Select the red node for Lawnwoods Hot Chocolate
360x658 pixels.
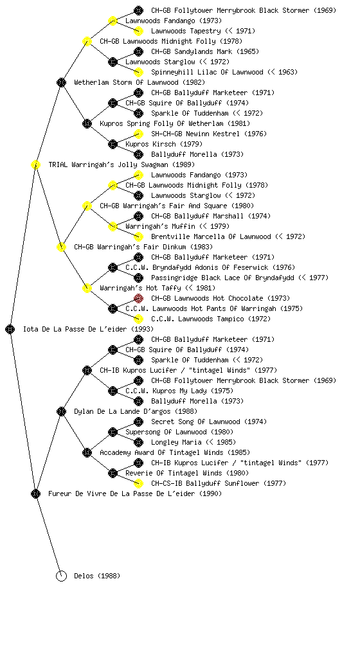tap(138, 298)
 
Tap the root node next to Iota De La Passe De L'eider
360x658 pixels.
tap(10, 330)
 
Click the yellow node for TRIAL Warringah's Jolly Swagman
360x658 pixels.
tap(35, 165)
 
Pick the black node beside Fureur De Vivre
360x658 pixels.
tap(35, 494)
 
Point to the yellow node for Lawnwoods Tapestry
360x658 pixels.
tap(138, 31)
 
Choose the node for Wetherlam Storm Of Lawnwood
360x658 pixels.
tap(61, 83)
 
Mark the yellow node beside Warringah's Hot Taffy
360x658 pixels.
tap(87, 289)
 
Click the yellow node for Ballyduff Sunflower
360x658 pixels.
tap(138, 483)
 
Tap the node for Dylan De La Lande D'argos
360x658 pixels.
tap(61, 412)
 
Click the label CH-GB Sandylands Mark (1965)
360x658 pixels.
tap(205, 51)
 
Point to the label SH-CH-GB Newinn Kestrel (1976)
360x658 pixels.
tap(208, 134)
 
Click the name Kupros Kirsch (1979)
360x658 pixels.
tap(164, 145)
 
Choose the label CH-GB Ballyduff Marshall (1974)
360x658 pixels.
tap(211, 216)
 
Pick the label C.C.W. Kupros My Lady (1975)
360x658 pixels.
tap(179, 391)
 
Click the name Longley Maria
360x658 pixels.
tap(176, 442)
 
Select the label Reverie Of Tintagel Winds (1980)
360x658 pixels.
tap(187, 474)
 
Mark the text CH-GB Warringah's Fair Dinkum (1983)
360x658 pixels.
tap(143, 247)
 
